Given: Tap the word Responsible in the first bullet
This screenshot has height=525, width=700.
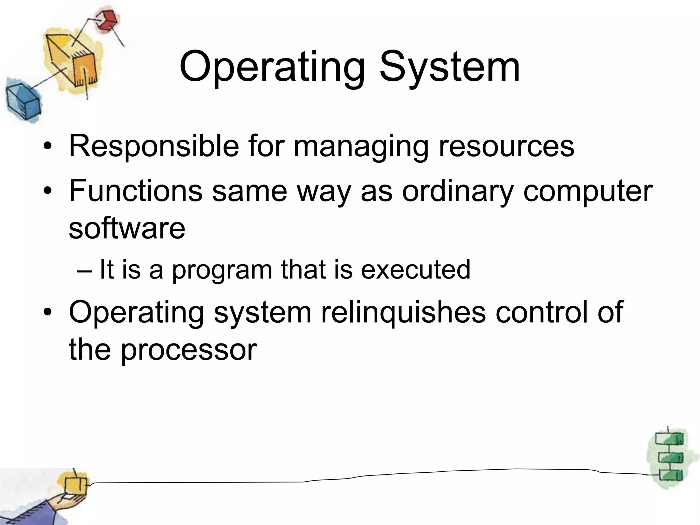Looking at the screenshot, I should point(154,146).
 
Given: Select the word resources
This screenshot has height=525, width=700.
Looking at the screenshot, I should point(506,146).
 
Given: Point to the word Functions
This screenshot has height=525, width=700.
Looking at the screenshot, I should point(136,190).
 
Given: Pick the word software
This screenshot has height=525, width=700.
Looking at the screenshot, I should point(127,228).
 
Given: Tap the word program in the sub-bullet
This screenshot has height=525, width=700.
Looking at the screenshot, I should point(222,270).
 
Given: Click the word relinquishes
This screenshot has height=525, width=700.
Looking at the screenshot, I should point(403,312).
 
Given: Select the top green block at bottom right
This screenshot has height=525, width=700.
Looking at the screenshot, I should point(669,439).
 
